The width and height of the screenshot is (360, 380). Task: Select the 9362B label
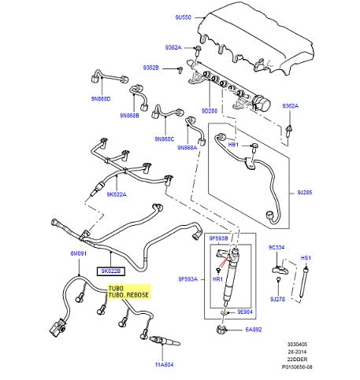[150, 68]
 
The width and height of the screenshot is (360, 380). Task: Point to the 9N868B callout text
[129, 116]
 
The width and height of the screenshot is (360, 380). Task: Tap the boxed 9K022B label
[109, 271]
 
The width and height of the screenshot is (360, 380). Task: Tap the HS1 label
[307, 258]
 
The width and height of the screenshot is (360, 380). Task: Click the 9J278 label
[276, 299]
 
